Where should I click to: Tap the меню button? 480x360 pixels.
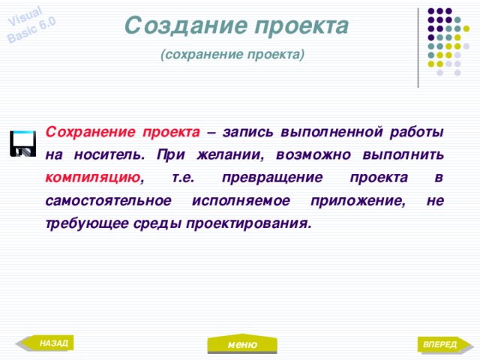point(241,344)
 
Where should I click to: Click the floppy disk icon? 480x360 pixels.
point(22,143)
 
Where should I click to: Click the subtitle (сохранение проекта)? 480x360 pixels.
point(232,55)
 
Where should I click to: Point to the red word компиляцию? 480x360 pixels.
point(92,178)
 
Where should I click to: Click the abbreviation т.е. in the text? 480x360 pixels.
point(184,178)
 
